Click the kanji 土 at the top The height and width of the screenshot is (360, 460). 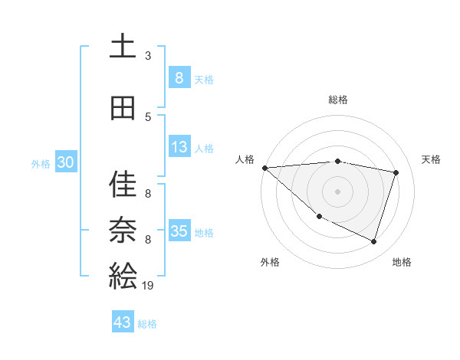click(x=123, y=47)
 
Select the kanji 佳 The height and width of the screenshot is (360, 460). click(x=123, y=185)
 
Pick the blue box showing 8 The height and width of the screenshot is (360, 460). click(x=179, y=78)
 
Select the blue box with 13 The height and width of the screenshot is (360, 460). click(x=179, y=148)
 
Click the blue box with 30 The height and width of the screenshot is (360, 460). click(x=65, y=163)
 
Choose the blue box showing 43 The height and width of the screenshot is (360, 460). click(x=123, y=323)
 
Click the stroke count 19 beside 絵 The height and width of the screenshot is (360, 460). click(x=149, y=285)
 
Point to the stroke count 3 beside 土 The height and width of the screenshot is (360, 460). click(x=148, y=55)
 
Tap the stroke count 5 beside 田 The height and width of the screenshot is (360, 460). click(x=148, y=116)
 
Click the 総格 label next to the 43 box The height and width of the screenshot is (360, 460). click(x=148, y=324)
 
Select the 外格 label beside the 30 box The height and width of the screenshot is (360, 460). click(x=41, y=164)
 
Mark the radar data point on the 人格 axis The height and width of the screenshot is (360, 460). click(x=264, y=168)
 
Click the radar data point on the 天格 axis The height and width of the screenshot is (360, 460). click(x=396, y=172)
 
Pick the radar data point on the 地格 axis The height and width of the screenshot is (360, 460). click(x=373, y=241)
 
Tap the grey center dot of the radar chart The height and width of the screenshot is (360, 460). click(x=337, y=191)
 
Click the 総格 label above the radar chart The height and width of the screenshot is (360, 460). click(x=337, y=100)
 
